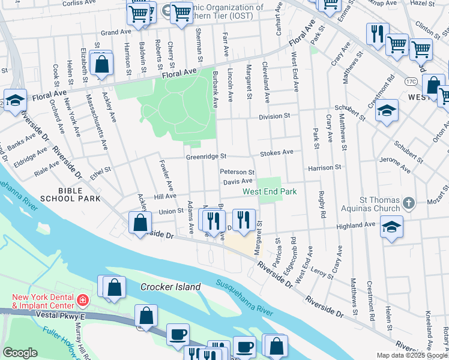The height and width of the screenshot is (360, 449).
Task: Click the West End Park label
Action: (x=270, y=192)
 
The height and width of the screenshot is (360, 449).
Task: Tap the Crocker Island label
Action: (x=170, y=287)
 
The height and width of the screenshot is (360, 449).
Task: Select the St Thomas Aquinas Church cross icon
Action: (x=409, y=202)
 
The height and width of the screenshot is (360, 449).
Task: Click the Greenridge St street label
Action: (x=205, y=157)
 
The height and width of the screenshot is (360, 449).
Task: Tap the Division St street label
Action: (x=274, y=116)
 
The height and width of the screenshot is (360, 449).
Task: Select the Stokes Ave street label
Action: (x=276, y=153)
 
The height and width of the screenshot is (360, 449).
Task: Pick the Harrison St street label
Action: (x=324, y=168)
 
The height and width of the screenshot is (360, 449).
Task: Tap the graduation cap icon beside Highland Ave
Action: (x=391, y=227)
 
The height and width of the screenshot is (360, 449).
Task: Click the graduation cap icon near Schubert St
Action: (x=388, y=110)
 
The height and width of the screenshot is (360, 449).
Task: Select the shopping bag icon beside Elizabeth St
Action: (x=102, y=65)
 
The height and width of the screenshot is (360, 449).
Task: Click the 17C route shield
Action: (x=411, y=80)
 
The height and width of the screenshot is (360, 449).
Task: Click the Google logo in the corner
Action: (x=20, y=353)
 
